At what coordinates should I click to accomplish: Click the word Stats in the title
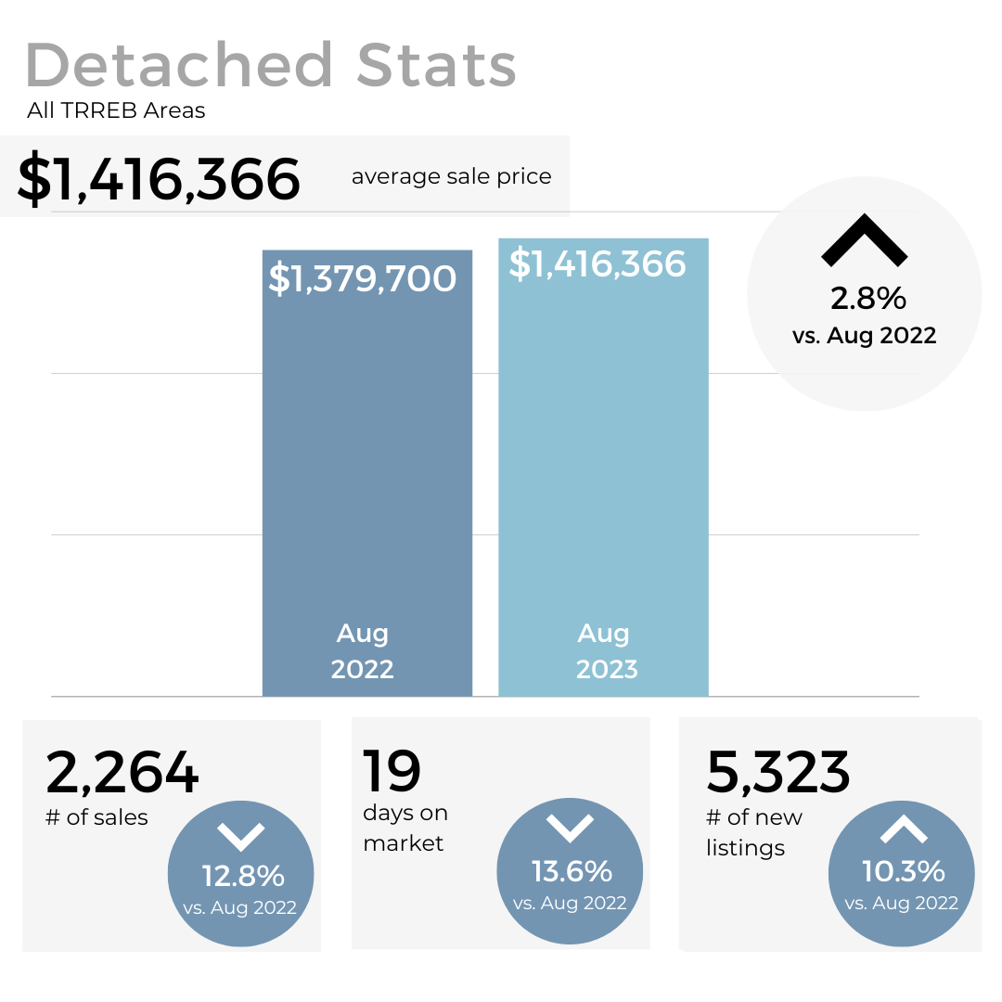(x=436, y=66)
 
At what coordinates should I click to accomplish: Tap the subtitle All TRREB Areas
(x=116, y=111)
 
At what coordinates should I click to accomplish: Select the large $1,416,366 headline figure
(x=159, y=178)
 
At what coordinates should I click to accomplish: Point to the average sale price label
(x=451, y=176)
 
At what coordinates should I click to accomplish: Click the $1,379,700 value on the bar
(x=363, y=278)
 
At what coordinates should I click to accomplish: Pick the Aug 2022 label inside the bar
(x=363, y=651)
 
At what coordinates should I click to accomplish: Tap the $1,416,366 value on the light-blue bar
(x=597, y=264)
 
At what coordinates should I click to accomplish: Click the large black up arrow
(x=864, y=240)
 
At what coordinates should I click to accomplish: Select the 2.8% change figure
(x=867, y=299)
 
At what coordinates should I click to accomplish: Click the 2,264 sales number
(x=122, y=773)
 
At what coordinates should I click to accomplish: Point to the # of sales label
(x=96, y=817)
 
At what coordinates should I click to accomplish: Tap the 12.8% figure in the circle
(x=243, y=876)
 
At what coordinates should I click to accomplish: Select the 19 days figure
(x=392, y=771)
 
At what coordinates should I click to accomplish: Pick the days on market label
(x=405, y=828)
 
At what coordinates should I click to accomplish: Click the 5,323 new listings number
(x=777, y=773)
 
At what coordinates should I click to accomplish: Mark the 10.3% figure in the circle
(x=903, y=871)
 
